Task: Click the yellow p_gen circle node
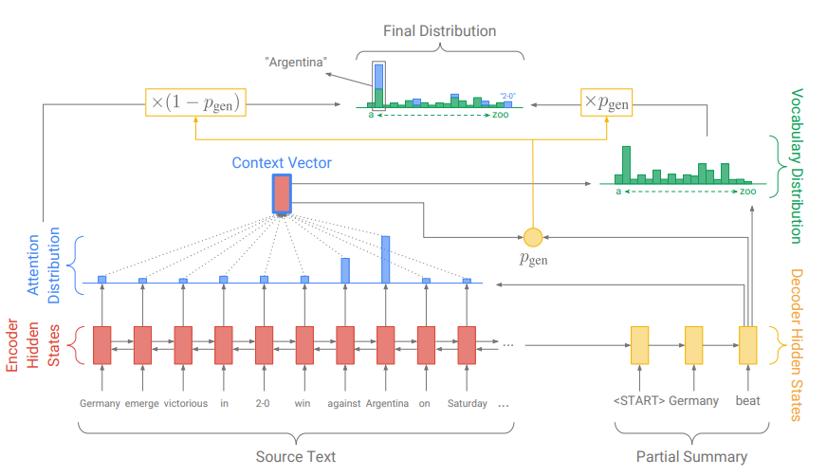(532, 236)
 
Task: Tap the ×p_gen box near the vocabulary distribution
(606, 101)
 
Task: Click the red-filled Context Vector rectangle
(282, 193)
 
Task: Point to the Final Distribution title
(439, 31)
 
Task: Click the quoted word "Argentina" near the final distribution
(296, 63)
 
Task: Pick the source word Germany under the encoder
(100, 403)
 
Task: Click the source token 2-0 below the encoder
(263, 403)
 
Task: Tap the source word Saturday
(467, 403)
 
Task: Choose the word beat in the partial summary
(747, 401)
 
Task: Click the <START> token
(638, 401)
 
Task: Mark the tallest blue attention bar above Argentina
(385, 259)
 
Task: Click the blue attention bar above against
(345, 270)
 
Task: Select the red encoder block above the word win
(304, 345)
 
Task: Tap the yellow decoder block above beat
(747, 345)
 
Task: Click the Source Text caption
(295, 457)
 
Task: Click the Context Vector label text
(282, 163)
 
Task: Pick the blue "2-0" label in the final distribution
(507, 95)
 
